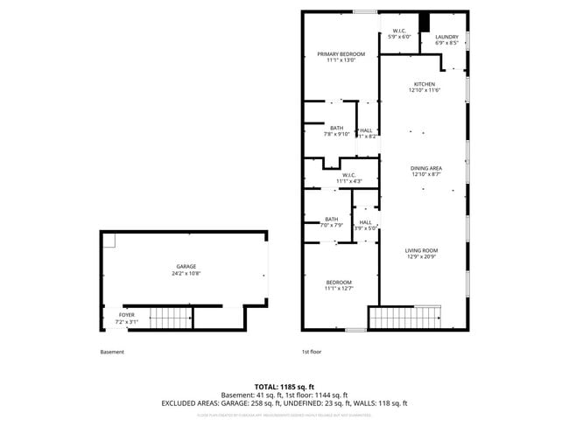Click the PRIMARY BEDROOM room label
pos(341,54)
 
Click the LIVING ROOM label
pos(421,250)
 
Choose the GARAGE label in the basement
pos(185,266)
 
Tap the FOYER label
pos(126,315)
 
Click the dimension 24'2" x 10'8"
pos(185,273)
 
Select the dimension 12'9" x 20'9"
pos(421,257)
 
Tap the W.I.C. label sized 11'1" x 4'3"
pos(348,175)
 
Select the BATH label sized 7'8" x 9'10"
pos(337,128)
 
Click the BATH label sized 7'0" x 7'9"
pos(332,219)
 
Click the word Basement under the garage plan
pos(112,352)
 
